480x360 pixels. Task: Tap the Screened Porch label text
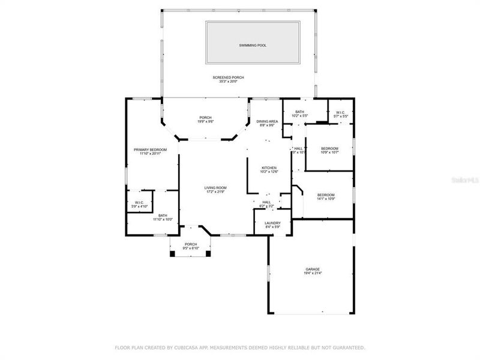click(x=228, y=77)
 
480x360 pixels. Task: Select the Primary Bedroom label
click(x=150, y=149)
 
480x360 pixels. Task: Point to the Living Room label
click(x=215, y=188)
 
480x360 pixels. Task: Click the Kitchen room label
click(x=268, y=167)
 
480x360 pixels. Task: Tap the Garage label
click(x=313, y=269)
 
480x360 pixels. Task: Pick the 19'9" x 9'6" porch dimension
click(x=206, y=121)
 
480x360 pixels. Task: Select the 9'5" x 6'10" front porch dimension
click(x=191, y=248)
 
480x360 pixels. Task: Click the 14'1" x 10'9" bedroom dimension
click(x=326, y=199)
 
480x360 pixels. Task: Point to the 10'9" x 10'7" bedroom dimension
click(x=329, y=153)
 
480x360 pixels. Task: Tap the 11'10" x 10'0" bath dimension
click(x=163, y=220)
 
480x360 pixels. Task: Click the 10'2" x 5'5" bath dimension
click(x=299, y=116)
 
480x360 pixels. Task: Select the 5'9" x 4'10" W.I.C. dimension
click(x=139, y=206)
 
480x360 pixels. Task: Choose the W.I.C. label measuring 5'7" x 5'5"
click(x=340, y=112)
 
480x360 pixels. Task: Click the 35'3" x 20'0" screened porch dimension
click(x=228, y=82)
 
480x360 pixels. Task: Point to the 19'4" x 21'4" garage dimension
click(x=313, y=273)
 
